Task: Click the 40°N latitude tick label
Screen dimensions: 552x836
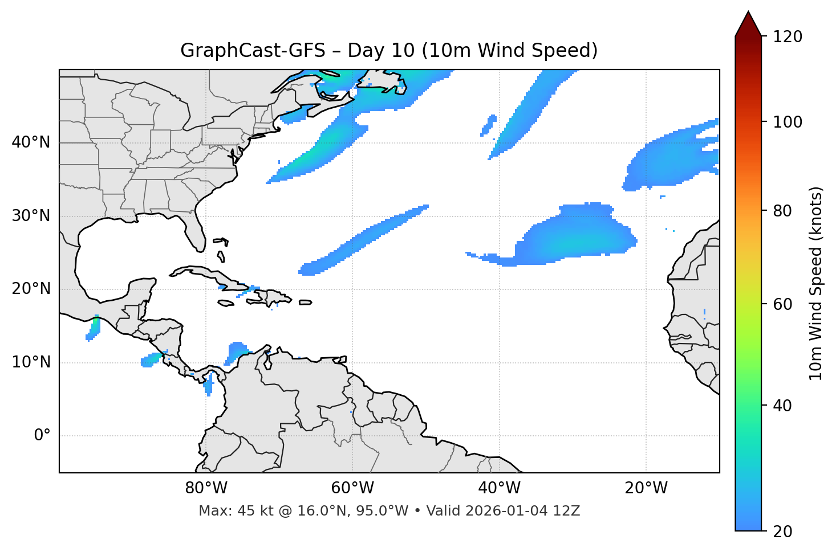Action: tap(31, 142)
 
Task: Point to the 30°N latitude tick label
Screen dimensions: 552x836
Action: tap(31, 216)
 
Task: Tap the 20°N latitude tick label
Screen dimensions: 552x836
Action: tap(31, 289)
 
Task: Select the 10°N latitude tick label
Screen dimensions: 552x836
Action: tap(31, 362)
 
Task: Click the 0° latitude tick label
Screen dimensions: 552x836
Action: tap(42, 436)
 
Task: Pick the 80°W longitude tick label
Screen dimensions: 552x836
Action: tap(206, 488)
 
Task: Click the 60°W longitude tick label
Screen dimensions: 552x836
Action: tap(352, 488)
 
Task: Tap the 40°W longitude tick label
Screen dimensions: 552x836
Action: tap(499, 488)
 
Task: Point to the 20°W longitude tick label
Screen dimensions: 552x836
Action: tap(646, 488)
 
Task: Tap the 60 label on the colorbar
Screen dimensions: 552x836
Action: tap(782, 304)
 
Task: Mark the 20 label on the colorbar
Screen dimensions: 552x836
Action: tap(782, 531)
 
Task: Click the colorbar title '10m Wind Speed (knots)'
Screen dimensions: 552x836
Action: tap(816, 283)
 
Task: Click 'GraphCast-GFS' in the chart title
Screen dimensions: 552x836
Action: tap(253, 51)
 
